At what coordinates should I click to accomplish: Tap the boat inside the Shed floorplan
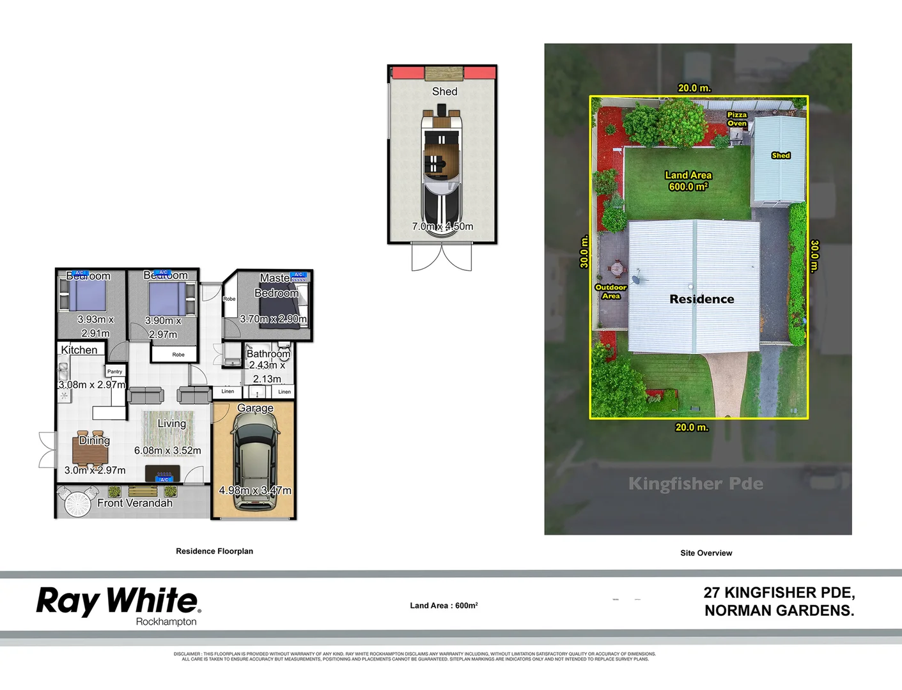coord(441,166)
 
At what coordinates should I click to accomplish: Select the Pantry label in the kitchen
coord(115,371)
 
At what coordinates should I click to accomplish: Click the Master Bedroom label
coord(276,286)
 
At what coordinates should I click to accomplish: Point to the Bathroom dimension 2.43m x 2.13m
coord(268,372)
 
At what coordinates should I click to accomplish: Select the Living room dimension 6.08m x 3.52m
coord(167,450)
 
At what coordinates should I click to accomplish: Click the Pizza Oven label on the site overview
coord(736,119)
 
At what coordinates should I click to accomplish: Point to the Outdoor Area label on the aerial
coord(610,291)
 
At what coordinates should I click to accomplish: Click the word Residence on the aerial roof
coord(701,299)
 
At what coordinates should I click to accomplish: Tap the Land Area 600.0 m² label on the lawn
coord(688,181)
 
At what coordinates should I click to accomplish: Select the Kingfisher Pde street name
coord(696,484)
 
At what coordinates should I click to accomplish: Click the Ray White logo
coord(118,601)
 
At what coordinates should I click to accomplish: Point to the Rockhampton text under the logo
coord(166,622)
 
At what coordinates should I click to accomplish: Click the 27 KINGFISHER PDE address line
coord(779,593)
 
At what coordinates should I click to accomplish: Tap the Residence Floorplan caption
coord(214,551)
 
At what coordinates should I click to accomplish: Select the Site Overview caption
coord(706,553)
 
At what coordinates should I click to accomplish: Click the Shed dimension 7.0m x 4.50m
coord(442,226)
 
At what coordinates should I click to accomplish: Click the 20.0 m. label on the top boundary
coord(694,88)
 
